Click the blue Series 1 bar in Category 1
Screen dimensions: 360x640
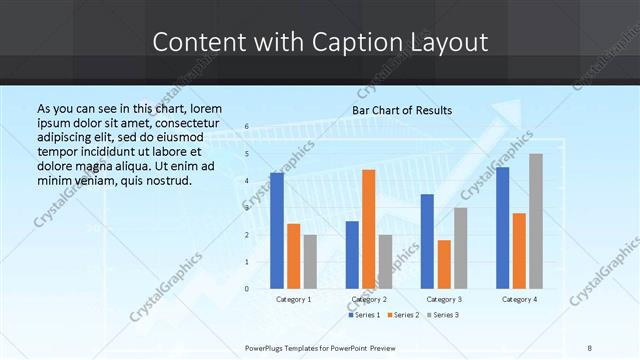(x=277, y=230)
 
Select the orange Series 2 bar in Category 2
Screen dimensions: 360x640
(x=368, y=229)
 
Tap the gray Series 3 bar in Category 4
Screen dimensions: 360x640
(x=536, y=221)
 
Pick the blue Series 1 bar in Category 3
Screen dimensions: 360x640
(x=427, y=241)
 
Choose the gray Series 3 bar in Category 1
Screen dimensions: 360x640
(x=310, y=261)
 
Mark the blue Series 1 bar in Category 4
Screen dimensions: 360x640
(x=502, y=227)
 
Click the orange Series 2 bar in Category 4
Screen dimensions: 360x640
(x=519, y=250)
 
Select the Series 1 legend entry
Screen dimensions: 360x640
(x=364, y=315)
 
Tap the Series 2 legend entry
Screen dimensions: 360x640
(x=402, y=315)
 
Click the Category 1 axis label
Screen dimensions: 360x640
(x=293, y=299)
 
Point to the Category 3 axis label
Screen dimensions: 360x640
(x=444, y=299)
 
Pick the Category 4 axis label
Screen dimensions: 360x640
(x=519, y=299)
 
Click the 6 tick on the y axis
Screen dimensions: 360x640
(x=247, y=127)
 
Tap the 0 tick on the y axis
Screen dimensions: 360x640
(x=247, y=288)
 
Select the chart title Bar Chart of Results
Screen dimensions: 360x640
(x=402, y=110)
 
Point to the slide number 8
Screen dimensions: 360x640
(x=590, y=348)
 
